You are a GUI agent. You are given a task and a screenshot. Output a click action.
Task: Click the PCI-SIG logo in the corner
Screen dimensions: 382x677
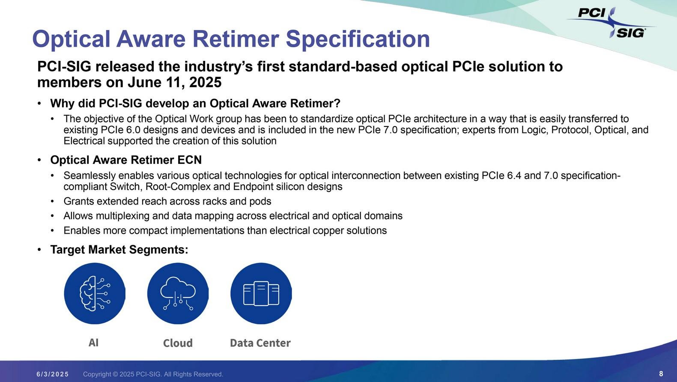(x=612, y=23)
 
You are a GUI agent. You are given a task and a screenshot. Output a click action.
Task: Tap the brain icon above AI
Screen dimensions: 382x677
(x=95, y=293)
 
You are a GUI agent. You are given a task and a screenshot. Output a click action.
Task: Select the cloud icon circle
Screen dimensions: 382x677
(x=178, y=293)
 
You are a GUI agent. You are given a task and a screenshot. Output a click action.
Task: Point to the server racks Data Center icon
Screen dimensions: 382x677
(x=261, y=293)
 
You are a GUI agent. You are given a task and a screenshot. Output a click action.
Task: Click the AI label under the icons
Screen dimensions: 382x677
(x=93, y=343)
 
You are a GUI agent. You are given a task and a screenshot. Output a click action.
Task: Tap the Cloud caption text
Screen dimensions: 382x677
(x=178, y=343)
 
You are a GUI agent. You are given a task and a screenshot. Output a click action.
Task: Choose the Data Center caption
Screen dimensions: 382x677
(x=260, y=343)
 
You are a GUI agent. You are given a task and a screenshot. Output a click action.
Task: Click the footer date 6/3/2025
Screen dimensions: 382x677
(x=53, y=374)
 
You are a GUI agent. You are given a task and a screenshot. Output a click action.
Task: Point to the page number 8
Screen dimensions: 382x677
(x=661, y=374)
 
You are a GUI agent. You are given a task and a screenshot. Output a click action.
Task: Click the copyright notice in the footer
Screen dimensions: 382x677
(x=153, y=374)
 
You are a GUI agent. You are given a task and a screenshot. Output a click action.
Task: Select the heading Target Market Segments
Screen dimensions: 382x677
(x=119, y=250)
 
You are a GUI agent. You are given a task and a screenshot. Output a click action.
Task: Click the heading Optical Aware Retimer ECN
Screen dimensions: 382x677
(x=126, y=160)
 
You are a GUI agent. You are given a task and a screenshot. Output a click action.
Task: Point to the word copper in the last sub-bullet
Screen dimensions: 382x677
(x=328, y=231)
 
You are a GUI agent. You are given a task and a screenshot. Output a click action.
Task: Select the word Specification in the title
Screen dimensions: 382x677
(x=358, y=39)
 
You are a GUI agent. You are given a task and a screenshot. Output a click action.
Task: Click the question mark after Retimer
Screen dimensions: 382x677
(x=337, y=104)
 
